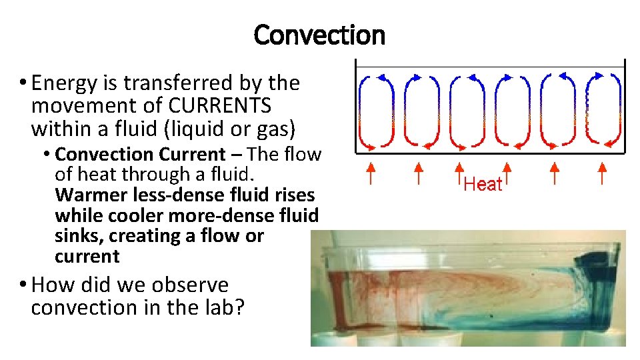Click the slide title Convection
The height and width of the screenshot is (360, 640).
click(319, 35)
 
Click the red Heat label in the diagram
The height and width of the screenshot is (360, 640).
click(483, 184)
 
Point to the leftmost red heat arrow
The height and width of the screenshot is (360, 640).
click(371, 175)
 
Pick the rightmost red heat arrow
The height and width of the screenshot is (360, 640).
click(602, 175)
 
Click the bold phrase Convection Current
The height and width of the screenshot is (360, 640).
click(140, 155)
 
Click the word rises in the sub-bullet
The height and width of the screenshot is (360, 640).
click(293, 195)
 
